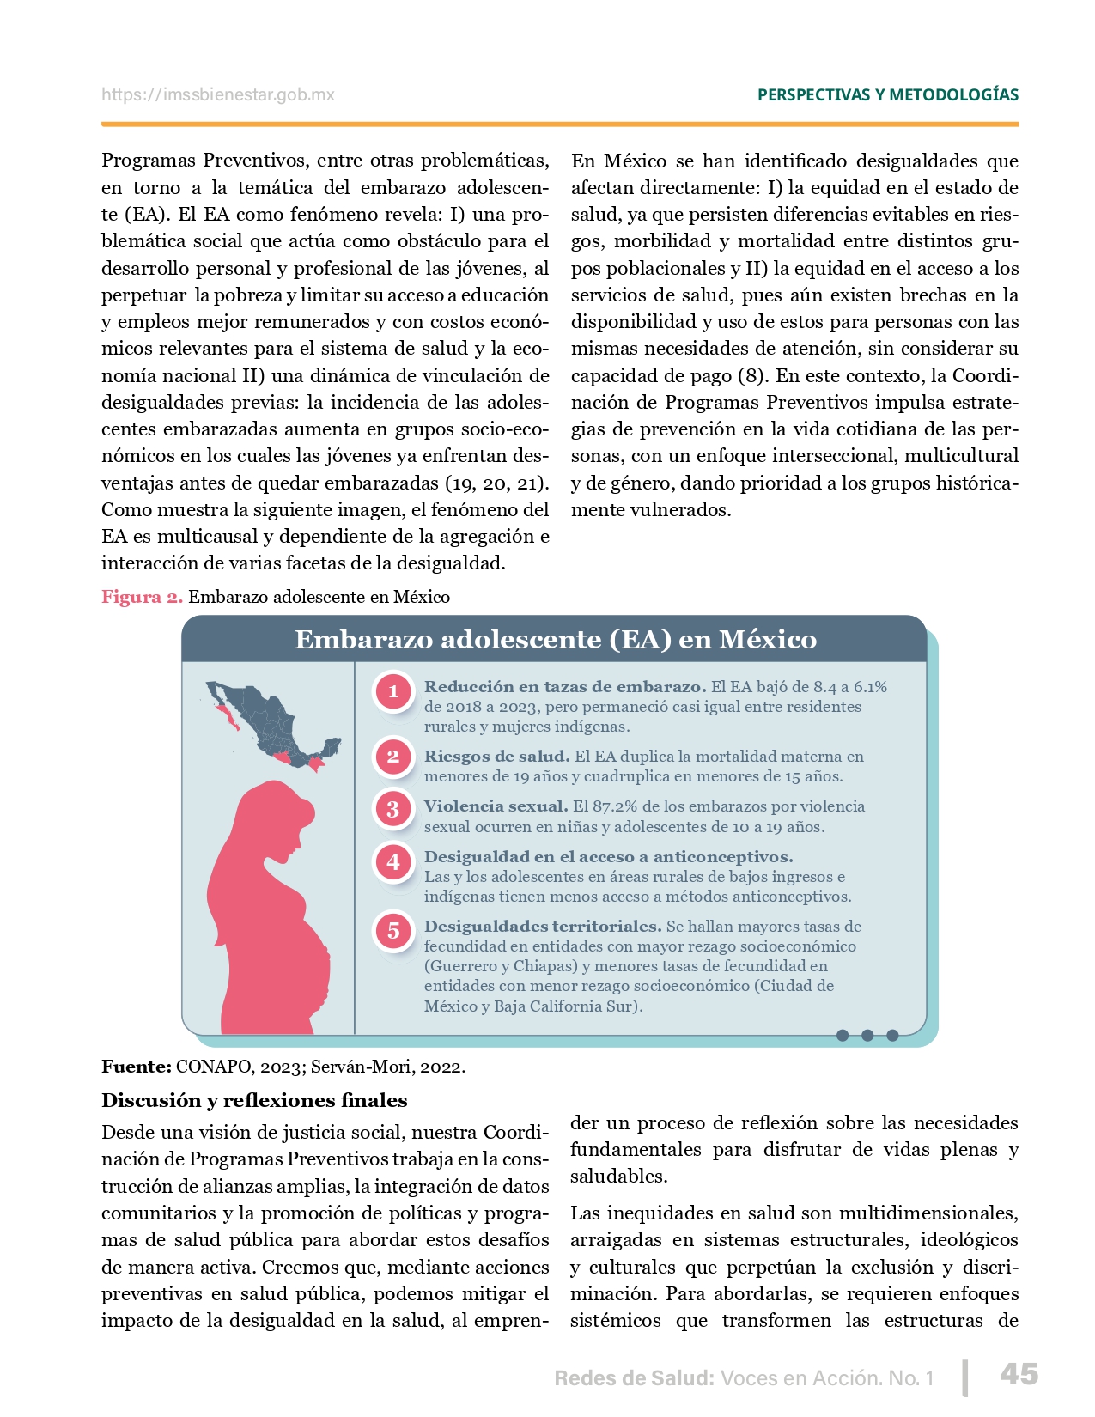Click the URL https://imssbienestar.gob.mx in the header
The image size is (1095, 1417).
tap(218, 95)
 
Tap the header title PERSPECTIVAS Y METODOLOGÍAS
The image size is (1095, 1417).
tap(887, 95)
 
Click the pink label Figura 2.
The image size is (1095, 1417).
tap(142, 597)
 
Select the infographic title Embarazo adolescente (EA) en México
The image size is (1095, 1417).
tap(555, 640)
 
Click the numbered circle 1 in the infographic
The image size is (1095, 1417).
tap(393, 691)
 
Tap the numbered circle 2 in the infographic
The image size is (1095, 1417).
tap(393, 757)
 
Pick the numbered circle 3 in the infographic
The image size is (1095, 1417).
tap(393, 808)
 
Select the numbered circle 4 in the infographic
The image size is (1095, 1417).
tap(393, 861)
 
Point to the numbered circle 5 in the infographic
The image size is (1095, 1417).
tap(393, 930)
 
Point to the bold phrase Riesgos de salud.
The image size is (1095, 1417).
tap(496, 757)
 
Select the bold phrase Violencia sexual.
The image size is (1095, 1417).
tap(496, 806)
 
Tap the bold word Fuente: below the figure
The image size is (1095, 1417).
tap(137, 1067)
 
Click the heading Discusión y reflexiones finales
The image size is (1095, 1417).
tap(254, 1101)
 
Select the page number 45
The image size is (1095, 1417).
tap(1019, 1374)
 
